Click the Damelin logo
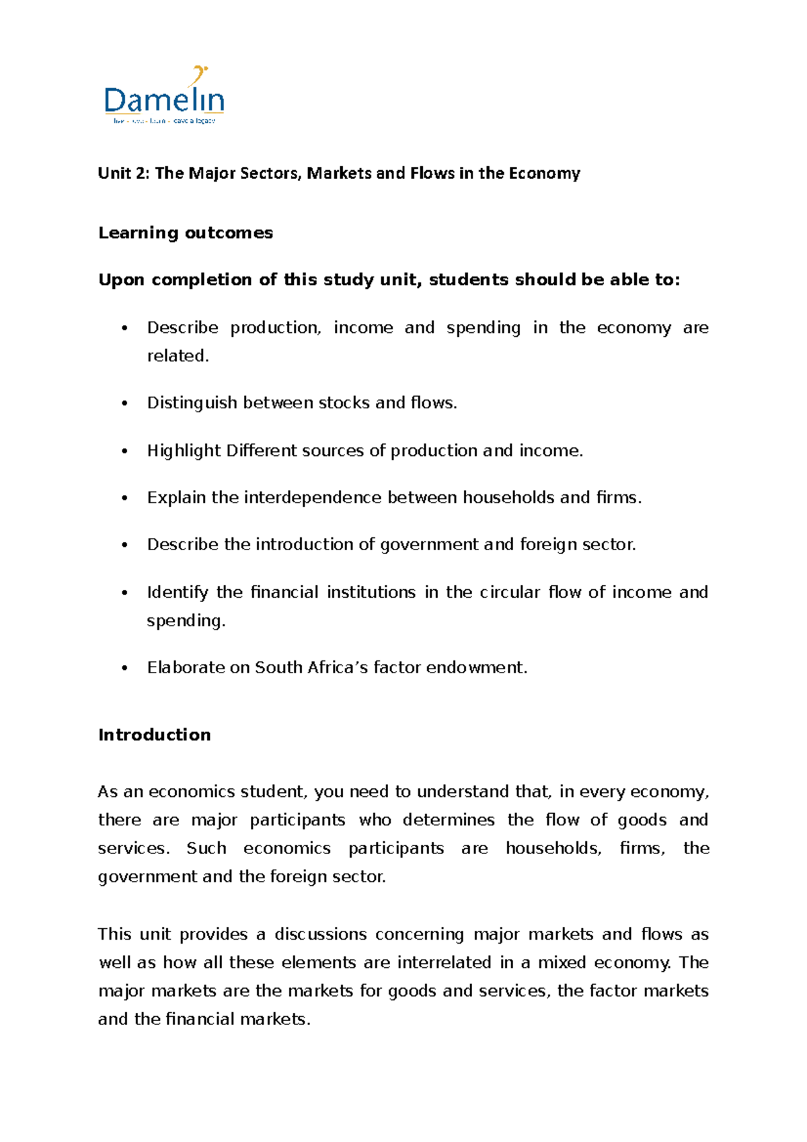coord(163,98)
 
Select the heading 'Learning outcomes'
coord(186,233)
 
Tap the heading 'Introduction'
coord(155,735)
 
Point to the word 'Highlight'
coord(184,451)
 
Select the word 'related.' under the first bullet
coord(178,356)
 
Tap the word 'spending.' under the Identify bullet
coord(186,621)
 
